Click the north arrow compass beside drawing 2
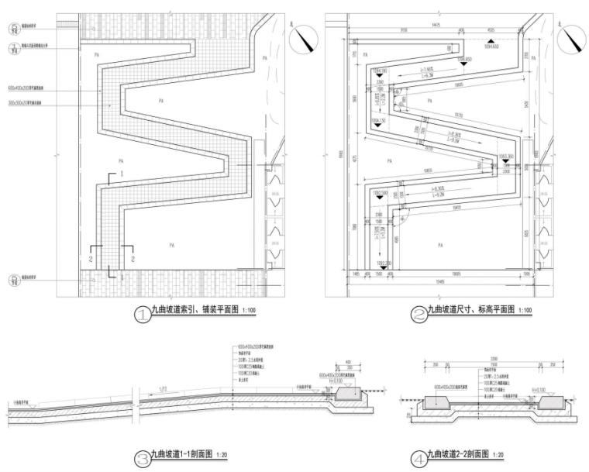(x=575, y=36)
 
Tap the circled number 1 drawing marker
(x=143, y=315)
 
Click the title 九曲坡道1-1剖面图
(x=185, y=456)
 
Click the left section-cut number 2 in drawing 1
(x=91, y=256)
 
